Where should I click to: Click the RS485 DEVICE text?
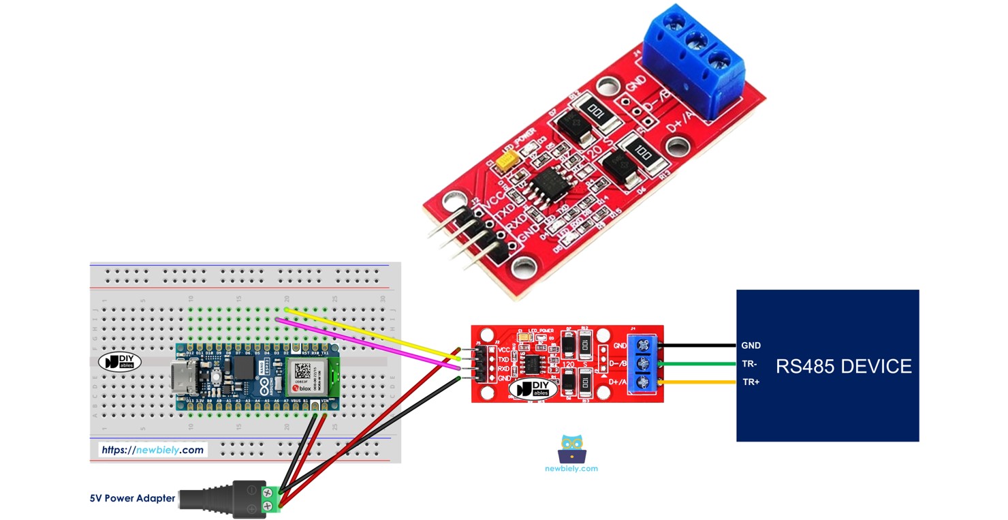[x=843, y=366]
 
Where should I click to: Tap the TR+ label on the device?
[x=751, y=382]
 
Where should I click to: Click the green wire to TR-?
[x=702, y=364]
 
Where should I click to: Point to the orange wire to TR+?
[x=702, y=382]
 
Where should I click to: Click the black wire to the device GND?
[x=702, y=345]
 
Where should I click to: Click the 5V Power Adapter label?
[x=132, y=498]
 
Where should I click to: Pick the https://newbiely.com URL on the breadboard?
[x=152, y=450]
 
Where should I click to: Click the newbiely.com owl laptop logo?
[x=571, y=450]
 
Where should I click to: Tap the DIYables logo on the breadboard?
[x=119, y=361]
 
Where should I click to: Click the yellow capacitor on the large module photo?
[x=507, y=162]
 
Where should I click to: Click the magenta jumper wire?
[x=368, y=344]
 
